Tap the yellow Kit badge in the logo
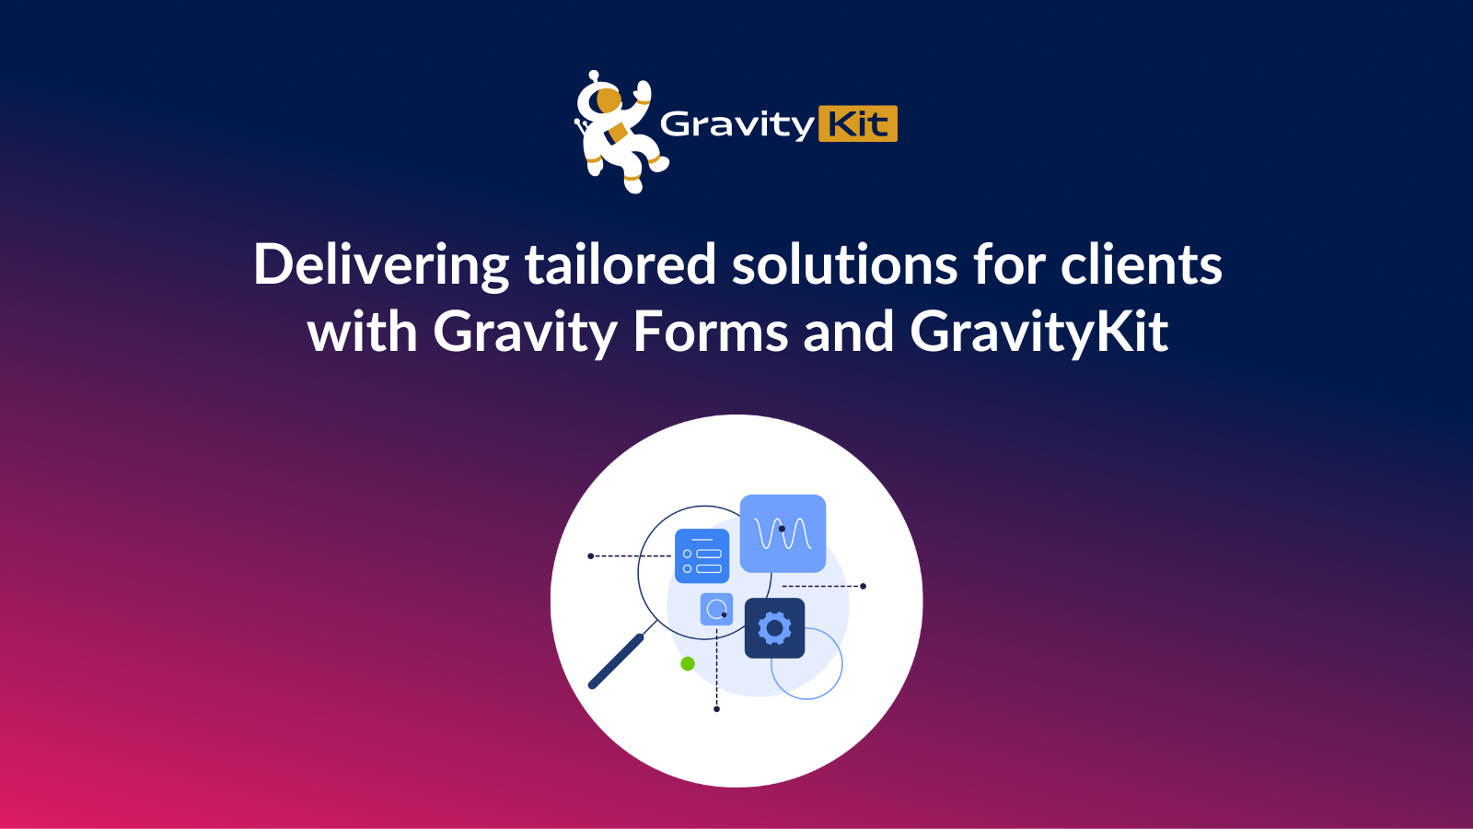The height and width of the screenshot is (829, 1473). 857,123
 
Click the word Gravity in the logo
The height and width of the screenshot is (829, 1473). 736,124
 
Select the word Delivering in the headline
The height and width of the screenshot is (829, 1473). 380,265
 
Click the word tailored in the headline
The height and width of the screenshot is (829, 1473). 620,265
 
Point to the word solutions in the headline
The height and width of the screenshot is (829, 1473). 844,265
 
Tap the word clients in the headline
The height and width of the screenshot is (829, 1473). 1141,265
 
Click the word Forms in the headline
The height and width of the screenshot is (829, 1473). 710,332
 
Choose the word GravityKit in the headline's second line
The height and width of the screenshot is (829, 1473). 1038,332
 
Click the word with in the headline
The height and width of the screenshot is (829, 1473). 362,332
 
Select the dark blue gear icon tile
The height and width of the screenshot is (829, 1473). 774,628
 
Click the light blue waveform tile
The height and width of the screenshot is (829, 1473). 783,533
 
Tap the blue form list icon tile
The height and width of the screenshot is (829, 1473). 702,555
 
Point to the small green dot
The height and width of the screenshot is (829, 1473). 688,663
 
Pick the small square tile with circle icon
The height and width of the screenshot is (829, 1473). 716,609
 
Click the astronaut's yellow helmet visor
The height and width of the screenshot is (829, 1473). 609,99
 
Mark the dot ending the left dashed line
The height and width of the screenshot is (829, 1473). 590,556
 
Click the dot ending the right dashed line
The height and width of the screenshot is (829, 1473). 863,586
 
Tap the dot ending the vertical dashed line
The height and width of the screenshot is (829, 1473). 716,709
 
